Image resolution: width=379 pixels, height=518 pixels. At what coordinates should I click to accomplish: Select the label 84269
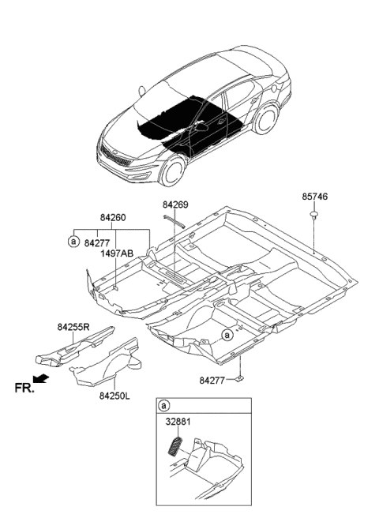tap(175, 205)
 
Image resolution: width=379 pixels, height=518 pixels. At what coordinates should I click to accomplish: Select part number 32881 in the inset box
tap(178, 422)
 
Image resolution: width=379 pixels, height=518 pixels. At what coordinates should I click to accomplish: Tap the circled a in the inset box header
tap(164, 406)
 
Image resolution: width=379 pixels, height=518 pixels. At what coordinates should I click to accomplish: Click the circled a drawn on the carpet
tap(227, 334)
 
